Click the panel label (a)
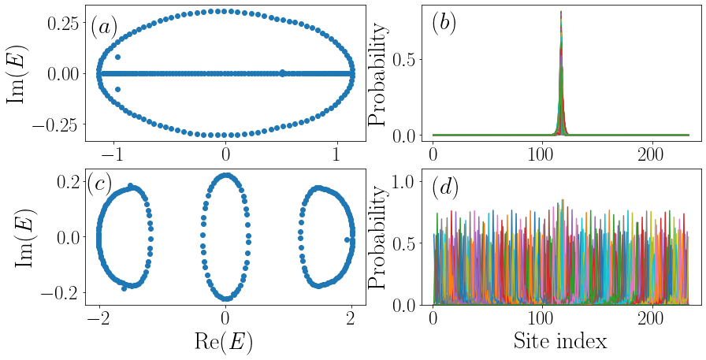coord(104,27)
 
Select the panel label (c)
coord(99,184)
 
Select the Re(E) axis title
coord(225,341)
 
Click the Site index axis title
coord(560,341)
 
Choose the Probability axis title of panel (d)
coord(381,237)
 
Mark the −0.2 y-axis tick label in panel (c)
coord(58,292)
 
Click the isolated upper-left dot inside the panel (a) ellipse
coord(118,58)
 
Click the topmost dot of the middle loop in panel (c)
coord(225,176)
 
